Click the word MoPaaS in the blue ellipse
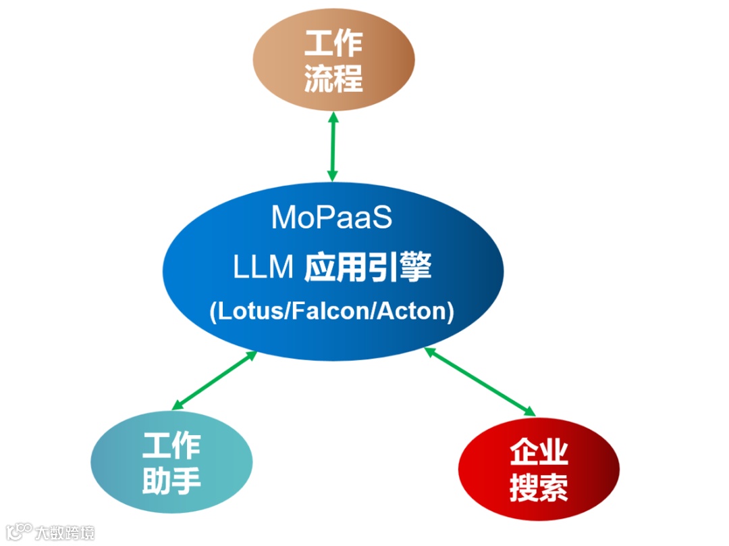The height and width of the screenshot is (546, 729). click(331, 218)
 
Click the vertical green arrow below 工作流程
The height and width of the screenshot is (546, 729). click(332, 146)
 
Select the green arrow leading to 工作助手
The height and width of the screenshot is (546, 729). click(214, 380)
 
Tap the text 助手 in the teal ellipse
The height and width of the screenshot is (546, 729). click(171, 480)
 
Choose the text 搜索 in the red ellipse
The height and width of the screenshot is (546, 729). click(539, 488)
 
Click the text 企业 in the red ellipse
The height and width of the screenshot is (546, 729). click(539, 453)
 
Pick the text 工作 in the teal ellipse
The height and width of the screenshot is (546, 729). click(171, 446)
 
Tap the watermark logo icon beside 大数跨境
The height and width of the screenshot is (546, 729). click(19, 531)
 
